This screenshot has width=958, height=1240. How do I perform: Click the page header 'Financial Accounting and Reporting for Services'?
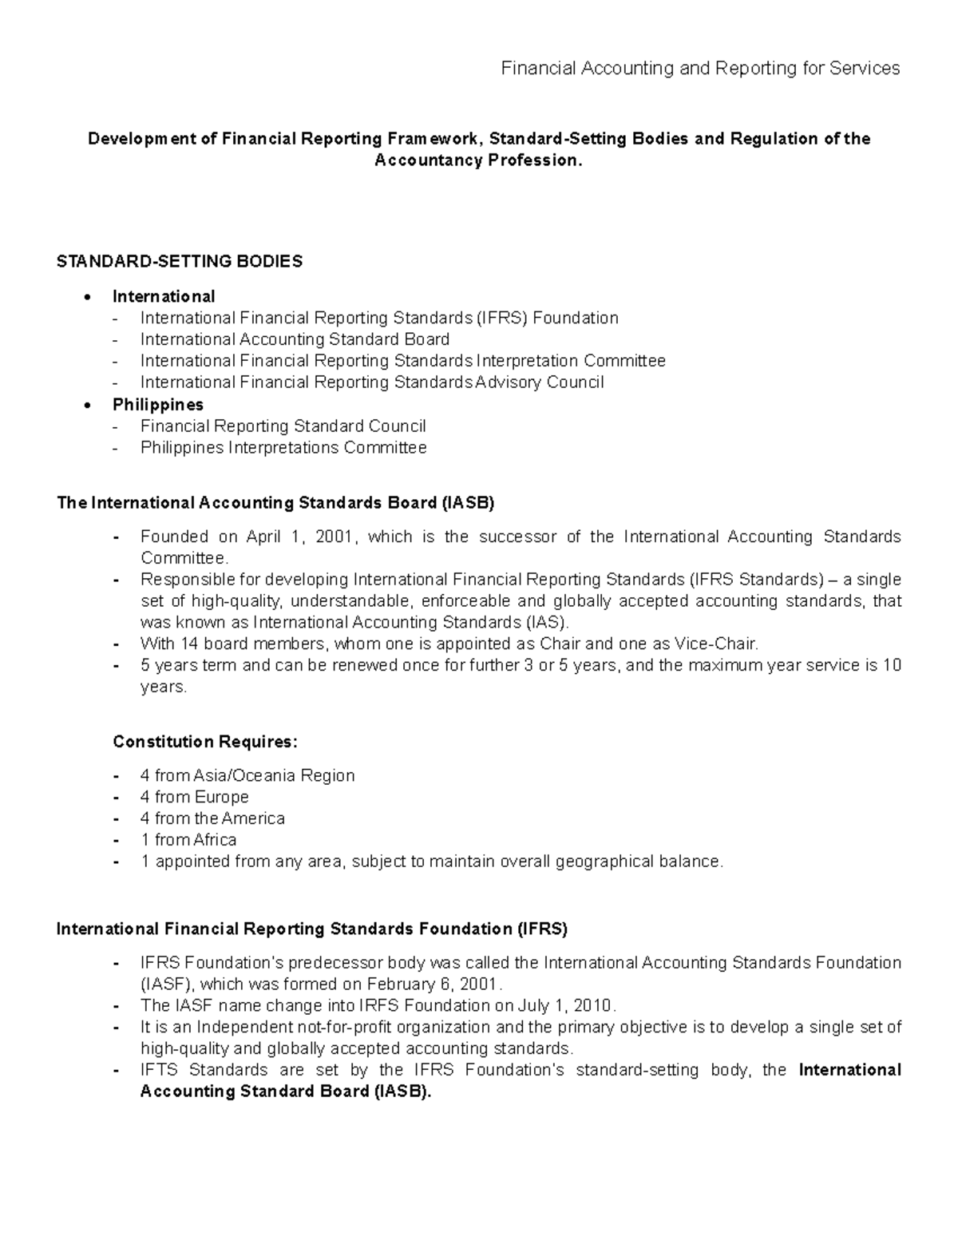pyautogui.click(x=699, y=69)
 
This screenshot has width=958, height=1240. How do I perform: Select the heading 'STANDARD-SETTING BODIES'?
pyautogui.click(x=180, y=262)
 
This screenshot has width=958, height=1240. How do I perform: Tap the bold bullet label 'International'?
pyautogui.click(x=164, y=297)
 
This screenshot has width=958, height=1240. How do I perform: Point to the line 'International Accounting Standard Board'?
pyautogui.click(x=295, y=339)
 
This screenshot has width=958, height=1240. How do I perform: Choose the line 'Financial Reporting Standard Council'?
pyautogui.click(x=283, y=426)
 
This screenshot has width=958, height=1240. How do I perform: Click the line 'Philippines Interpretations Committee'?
pyautogui.click(x=283, y=448)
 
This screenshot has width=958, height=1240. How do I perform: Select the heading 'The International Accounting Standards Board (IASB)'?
pyautogui.click(x=275, y=503)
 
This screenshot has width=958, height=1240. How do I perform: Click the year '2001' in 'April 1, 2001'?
pyautogui.click(x=333, y=537)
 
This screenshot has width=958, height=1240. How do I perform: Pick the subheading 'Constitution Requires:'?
pyautogui.click(x=205, y=742)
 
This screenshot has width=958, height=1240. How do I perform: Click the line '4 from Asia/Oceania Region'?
pyautogui.click(x=247, y=775)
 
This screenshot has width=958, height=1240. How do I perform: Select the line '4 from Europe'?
pyautogui.click(x=194, y=797)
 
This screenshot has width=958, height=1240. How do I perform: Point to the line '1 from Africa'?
pyautogui.click(x=188, y=840)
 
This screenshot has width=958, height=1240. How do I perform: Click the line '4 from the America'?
pyautogui.click(x=212, y=818)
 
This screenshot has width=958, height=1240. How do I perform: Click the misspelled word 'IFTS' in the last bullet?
pyautogui.click(x=158, y=1070)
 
